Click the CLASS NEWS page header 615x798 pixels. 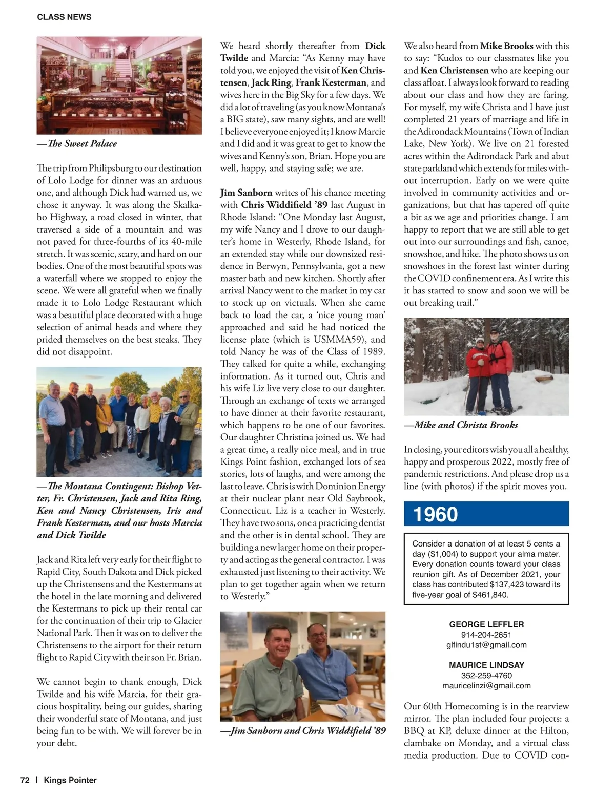click(x=64, y=17)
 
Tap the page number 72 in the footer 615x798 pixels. click(x=25, y=780)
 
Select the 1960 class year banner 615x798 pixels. click(x=486, y=514)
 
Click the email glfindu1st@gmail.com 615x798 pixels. click(x=486, y=645)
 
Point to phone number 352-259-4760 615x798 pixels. click(x=486, y=675)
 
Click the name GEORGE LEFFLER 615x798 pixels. click(x=486, y=624)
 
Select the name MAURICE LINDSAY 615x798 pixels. click(x=486, y=665)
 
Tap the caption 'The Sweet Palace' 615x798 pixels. click(x=77, y=143)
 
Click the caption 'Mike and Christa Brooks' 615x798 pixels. click(x=461, y=425)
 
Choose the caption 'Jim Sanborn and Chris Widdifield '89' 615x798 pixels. click(x=303, y=730)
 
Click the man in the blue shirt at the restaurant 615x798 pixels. click(x=323, y=666)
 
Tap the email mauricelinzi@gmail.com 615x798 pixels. click(x=486, y=685)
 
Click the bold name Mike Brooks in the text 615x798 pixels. click(x=506, y=46)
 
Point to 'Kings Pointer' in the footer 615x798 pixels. click(x=70, y=780)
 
